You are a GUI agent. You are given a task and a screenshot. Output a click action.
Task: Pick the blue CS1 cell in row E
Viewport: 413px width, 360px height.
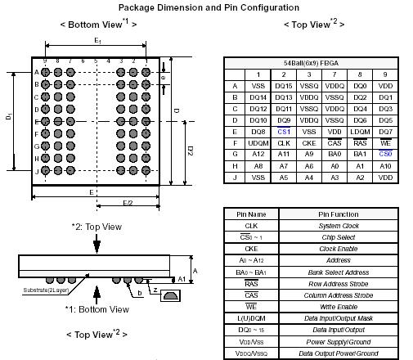pos(284,131)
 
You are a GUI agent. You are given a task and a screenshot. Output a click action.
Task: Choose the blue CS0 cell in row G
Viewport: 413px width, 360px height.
pos(385,154)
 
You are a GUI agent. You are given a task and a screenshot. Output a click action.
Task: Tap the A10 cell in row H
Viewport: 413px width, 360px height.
pos(385,165)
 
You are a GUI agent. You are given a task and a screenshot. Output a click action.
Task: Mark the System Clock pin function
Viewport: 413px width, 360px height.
pos(339,226)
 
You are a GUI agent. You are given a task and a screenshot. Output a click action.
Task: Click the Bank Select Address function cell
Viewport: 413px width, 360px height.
pos(339,272)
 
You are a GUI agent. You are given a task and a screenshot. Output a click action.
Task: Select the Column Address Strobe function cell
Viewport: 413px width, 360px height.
pos(339,295)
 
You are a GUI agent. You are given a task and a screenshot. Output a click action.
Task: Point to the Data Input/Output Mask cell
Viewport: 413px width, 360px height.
pos(339,317)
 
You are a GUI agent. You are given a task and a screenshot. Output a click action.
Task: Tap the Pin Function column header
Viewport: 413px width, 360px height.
pos(339,214)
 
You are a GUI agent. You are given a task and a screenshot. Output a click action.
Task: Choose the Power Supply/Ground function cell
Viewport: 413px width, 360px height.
pos(339,340)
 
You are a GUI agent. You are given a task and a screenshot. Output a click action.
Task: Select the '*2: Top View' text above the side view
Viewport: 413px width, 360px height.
pos(97,226)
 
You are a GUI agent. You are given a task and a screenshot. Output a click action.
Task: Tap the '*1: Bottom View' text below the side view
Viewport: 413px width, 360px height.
pos(97,308)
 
